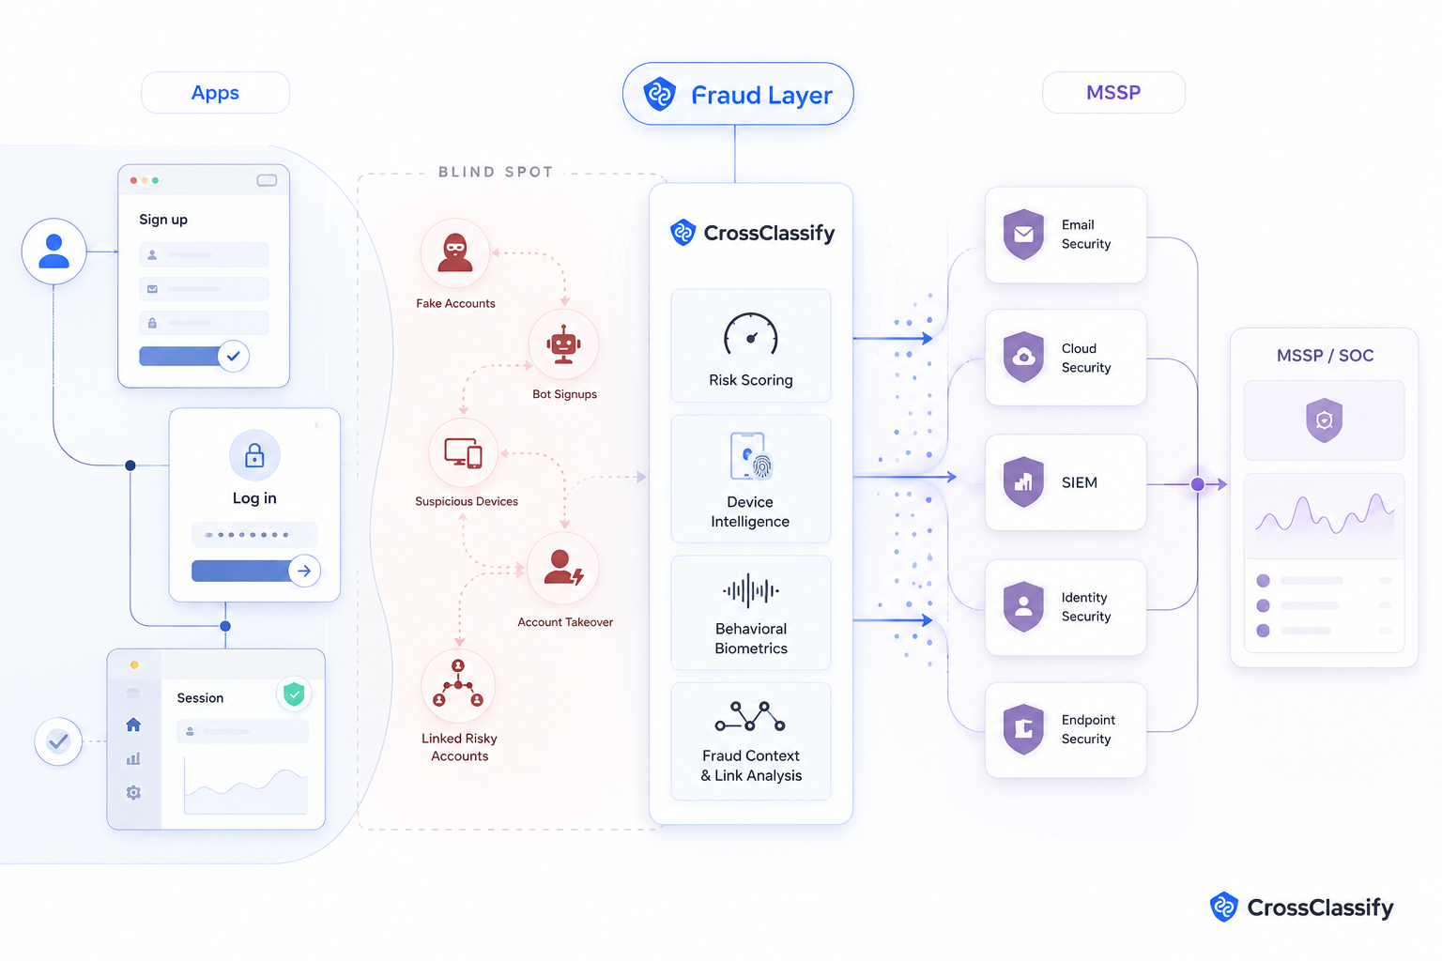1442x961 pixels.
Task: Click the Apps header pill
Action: [x=215, y=93]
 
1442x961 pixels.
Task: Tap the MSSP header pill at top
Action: [x=1113, y=93]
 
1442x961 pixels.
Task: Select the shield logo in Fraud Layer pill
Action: [x=659, y=94]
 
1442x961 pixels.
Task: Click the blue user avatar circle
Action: [x=54, y=251]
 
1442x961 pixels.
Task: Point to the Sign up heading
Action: [x=163, y=220]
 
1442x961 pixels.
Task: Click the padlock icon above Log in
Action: [x=254, y=455]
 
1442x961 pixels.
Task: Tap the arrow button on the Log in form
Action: [x=304, y=571]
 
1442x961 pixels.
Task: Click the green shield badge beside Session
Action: [x=294, y=694]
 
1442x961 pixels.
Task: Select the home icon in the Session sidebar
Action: [x=133, y=725]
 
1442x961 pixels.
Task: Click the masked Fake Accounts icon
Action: [x=455, y=253]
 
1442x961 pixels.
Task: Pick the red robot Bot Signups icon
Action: [x=563, y=344]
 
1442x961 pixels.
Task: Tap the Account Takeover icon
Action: [x=563, y=568]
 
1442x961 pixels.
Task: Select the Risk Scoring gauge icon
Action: [x=751, y=334]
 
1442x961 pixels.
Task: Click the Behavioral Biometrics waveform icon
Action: [x=751, y=590]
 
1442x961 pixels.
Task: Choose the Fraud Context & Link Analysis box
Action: [x=751, y=740]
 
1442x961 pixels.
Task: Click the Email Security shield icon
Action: [x=1023, y=235]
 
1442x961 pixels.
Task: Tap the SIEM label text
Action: [x=1080, y=482]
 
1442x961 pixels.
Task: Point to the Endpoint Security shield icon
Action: [x=1023, y=729]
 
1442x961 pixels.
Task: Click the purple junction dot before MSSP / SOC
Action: [x=1197, y=484]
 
